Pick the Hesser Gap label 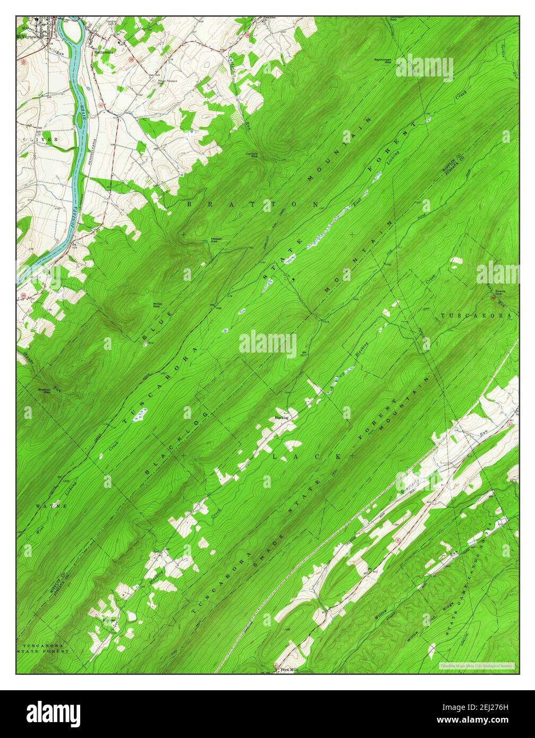click(x=216, y=239)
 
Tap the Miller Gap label click(x=158, y=305)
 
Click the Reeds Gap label click(x=500, y=293)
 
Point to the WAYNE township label click(x=51, y=506)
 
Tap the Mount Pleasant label click(x=167, y=81)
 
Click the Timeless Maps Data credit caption click(x=477, y=665)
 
